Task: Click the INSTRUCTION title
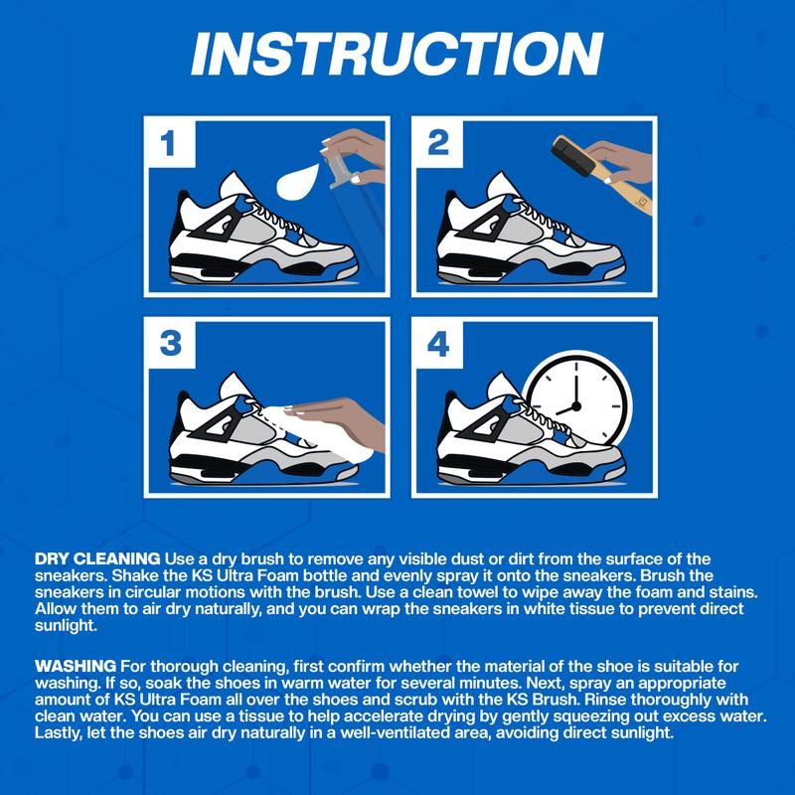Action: pyautogui.click(x=397, y=55)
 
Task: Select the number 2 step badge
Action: pyautogui.click(x=438, y=143)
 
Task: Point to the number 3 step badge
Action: pyautogui.click(x=170, y=343)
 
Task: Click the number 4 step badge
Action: pyautogui.click(x=438, y=344)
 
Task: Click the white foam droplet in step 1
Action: pyautogui.click(x=297, y=182)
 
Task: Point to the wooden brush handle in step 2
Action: pyautogui.click(x=630, y=195)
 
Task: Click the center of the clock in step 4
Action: pyautogui.click(x=576, y=406)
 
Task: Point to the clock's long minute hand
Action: pyautogui.click(x=576, y=384)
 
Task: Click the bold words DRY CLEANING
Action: pyautogui.click(x=97, y=558)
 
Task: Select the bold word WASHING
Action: pyautogui.click(x=76, y=666)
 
